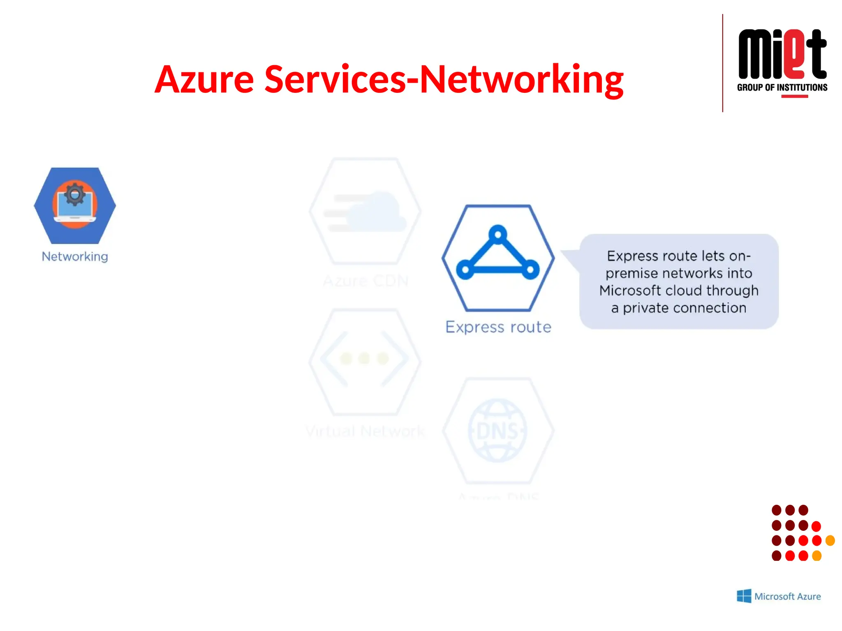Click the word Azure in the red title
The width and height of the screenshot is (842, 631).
(204, 79)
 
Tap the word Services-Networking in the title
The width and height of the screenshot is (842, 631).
(444, 79)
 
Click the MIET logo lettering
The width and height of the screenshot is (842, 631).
(782, 54)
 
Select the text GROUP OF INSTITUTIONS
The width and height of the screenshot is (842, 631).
(782, 88)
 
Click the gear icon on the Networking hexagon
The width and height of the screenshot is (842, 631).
(74, 194)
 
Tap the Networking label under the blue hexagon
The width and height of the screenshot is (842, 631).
(75, 256)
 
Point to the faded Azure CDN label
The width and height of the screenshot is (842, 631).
(365, 281)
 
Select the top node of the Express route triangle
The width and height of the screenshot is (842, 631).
(498, 235)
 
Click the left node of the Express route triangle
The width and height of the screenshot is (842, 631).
(465, 269)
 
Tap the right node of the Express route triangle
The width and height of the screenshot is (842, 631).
(530, 269)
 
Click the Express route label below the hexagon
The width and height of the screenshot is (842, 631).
(498, 327)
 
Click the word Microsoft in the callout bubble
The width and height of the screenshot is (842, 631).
(630, 290)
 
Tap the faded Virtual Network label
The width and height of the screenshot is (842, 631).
(365, 431)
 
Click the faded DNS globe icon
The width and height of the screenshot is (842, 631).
(498, 431)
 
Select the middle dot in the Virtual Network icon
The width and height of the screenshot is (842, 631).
(364, 358)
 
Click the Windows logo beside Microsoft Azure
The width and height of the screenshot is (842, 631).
(744, 596)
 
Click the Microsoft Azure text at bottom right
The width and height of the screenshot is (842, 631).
(787, 596)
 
